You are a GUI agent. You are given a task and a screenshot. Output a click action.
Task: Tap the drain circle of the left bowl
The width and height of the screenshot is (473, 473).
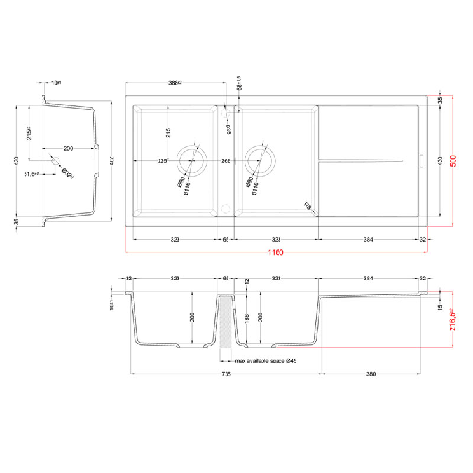[x=194, y=159]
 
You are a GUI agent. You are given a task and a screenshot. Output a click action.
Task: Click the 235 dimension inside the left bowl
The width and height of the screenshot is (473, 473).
[x=162, y=160]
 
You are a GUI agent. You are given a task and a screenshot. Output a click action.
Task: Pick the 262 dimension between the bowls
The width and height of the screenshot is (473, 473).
[x=227, y=160]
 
